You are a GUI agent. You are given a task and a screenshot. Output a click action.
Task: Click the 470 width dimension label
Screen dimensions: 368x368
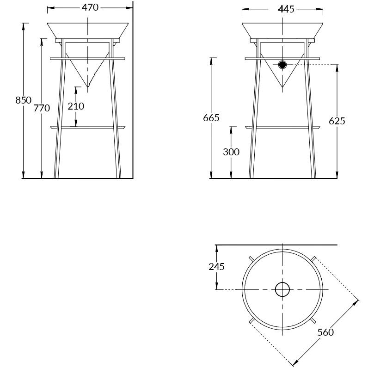pos(90,7)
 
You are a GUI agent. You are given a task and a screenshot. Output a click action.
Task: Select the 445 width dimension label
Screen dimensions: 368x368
pos(286,9)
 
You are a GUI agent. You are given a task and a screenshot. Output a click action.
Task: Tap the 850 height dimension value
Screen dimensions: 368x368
pos(23,100)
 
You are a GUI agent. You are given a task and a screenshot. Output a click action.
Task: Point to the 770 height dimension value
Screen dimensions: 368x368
pos(42,108)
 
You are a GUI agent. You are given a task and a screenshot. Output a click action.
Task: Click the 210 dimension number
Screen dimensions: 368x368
pos(76,106)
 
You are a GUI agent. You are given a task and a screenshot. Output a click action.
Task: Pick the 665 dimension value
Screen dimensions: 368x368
pos(211,118)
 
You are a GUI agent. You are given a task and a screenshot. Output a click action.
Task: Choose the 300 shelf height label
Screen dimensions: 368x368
pos(231,152)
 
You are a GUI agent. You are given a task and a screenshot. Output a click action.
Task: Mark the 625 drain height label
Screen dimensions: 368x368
pos(337,121)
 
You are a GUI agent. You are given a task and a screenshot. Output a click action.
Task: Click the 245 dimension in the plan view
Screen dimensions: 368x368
pos(216,267)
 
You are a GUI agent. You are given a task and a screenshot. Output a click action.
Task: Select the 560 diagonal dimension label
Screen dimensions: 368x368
pos(325,332)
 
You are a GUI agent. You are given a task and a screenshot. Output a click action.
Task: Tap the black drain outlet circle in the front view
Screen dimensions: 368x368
pos(282,65)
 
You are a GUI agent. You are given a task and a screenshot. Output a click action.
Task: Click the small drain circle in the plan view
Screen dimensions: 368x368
pos(282,289)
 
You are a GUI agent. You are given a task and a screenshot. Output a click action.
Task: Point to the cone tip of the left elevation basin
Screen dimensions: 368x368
pos(87,86)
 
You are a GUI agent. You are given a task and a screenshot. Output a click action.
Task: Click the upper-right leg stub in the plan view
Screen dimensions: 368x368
pos(313,258)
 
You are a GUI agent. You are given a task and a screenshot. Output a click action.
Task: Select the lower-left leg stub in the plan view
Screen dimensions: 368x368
pos(251,320)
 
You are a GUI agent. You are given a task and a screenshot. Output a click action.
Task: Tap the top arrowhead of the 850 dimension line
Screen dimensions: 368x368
pos(23,26)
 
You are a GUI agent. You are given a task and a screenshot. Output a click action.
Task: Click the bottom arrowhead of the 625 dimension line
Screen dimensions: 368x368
pos(337,175)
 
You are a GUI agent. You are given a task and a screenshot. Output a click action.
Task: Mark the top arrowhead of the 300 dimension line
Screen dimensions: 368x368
pos(231,130)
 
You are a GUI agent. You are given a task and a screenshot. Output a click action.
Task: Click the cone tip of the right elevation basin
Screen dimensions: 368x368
pos(282,86)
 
